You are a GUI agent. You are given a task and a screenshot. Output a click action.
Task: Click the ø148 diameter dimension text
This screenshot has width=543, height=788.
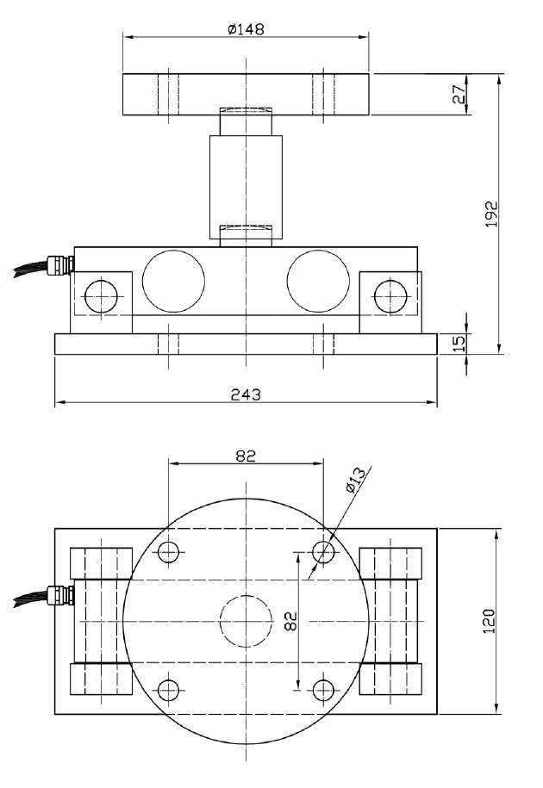pyautogui.click(x=246, y=28)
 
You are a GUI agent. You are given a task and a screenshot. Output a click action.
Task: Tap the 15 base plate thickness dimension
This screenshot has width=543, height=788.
pyautogui.click(x=460, y=344)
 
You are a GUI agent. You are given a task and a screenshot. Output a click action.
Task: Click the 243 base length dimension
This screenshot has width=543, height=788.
pyautogui.click(x=246, y=394)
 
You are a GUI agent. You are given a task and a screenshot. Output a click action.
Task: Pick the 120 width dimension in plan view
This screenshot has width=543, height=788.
pyautogui.click(x=489, y=621)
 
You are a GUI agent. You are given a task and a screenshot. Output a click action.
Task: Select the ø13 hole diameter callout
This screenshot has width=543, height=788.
pyautogui.click(x=356, y=481)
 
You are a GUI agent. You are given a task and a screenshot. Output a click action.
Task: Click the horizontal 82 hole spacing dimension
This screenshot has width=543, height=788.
pyautogui.click(x=246, y=456)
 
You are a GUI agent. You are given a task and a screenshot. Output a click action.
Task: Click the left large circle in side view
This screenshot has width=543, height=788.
pyautogui.click(x=174, y=282)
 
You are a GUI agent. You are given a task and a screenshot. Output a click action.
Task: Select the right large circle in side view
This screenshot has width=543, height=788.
pyautogui.click(x=318, y=282)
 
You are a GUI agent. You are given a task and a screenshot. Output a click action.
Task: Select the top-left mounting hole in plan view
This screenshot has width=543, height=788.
pyautogui.click(x=169, y=551)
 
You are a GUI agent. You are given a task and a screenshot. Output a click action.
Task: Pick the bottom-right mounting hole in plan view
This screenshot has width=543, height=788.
pyautogui.click(x=323, y=689)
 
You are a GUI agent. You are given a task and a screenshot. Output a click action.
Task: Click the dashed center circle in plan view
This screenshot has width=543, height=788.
pyautogui.click(x=246, y=620)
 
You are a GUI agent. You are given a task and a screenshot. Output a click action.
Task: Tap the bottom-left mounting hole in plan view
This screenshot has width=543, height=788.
pyautogui.click(x=169, y=689)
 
